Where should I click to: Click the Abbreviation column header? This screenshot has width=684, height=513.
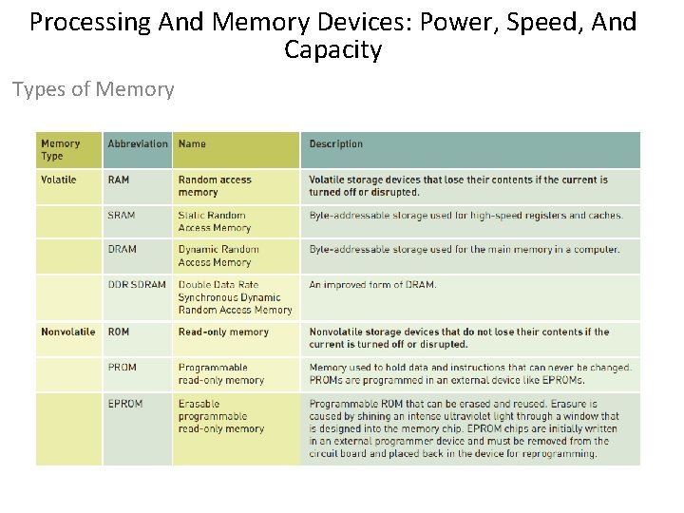point(138,144)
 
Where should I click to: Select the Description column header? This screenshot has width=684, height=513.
point(336,144)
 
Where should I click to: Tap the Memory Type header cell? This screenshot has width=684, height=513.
point(60,150)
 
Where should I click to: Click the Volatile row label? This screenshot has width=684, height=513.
point(59,180)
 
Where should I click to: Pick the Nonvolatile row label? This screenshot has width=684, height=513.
point(67,332)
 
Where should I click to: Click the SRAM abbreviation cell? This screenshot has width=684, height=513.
point(122,216)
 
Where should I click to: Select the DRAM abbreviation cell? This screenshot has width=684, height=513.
point(122,250)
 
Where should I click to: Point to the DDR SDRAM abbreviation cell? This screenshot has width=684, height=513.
point(137,285)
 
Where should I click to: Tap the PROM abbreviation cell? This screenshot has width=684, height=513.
point(123,368)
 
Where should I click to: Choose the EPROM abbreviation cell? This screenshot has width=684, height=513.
point(125,404)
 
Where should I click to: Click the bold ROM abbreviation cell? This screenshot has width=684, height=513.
point(119,332)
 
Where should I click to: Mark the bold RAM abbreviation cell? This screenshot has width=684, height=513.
point(119,180)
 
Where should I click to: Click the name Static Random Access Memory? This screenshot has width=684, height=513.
point(215,221)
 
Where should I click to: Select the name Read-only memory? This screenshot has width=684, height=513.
point(223,332)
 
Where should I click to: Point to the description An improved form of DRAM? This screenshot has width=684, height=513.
point(373,285)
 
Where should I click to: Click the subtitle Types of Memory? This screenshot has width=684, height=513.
point(93,89)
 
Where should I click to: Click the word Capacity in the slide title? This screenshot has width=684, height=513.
point(332,49)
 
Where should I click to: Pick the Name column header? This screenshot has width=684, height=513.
point(192,144)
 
